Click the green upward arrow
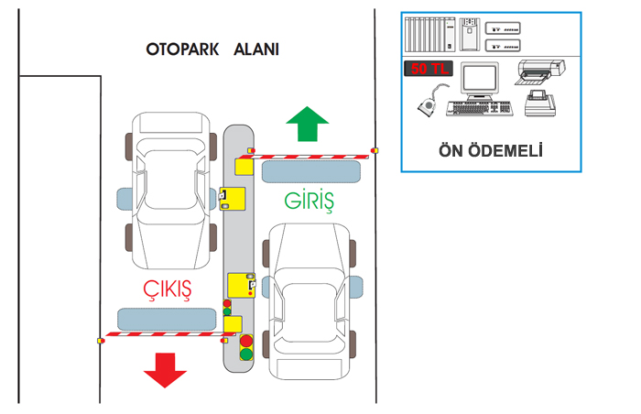click(x=306, y=125)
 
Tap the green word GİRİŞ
click(x=307, y=199)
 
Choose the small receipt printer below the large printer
click(x=539, y=103)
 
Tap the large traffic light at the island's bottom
click(x=245, y=347)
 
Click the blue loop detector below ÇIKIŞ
click(x=166, y=318)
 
